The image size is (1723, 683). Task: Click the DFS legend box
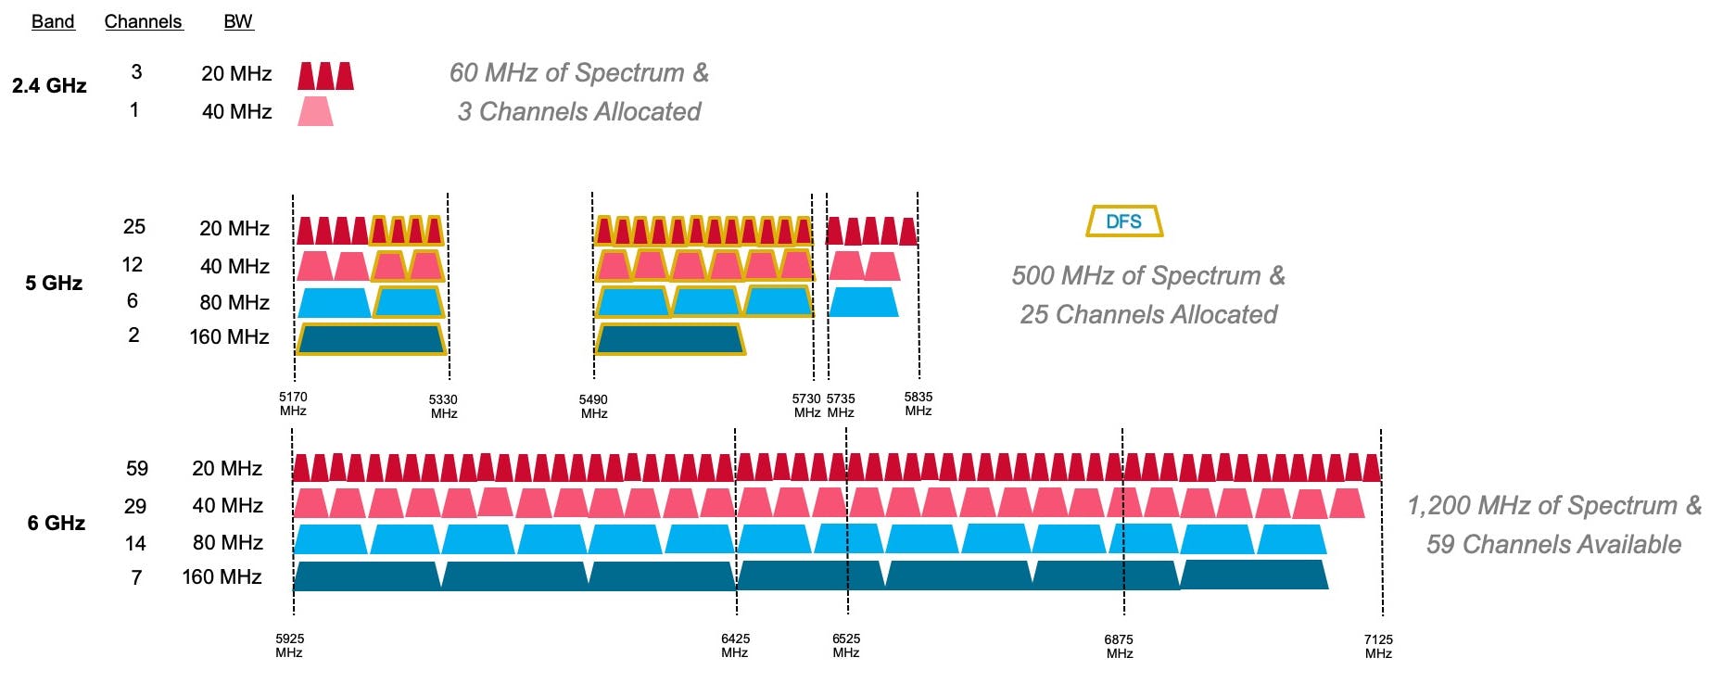click(x=1124, y=221)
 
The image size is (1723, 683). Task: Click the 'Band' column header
click(x=53, y=21)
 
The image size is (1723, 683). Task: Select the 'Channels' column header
click(x=144, y=21)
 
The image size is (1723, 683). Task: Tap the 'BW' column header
click(x=238, y=21)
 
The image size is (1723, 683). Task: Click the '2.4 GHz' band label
click(x=49, y=85)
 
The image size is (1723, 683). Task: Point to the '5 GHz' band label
click(x=54, y=283)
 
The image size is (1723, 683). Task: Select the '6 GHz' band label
click(x=56, y=523)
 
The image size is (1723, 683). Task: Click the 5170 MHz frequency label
click(x=293, y=403)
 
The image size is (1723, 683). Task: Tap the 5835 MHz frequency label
click(x=919, y=403)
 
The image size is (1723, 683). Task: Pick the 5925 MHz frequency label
click(x=289, y=645)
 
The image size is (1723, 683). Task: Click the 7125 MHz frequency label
click(x=1378, y=646)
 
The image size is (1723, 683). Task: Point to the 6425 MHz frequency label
click(x=735, y=645)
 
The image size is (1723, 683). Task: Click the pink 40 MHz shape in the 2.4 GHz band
click(x=315, y=111)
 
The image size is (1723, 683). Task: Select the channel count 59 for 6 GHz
click(x=137, y=468)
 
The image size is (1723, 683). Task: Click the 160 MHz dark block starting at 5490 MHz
click(x=670, y=339)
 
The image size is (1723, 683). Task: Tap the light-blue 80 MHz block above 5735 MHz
click(x=863, y=302)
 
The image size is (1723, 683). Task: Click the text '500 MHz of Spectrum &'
click(x=1148, y=275)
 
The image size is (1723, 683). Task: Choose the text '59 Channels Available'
click(x=1553, y=544)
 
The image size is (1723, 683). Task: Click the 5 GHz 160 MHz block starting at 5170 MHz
click(x=371, y=339)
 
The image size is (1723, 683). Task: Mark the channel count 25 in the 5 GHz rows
click(x=134, y=226)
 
